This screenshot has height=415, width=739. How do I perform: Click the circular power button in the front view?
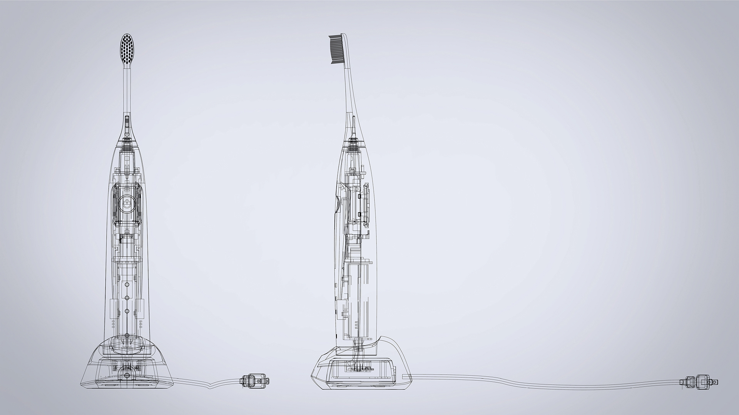point(127,203)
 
